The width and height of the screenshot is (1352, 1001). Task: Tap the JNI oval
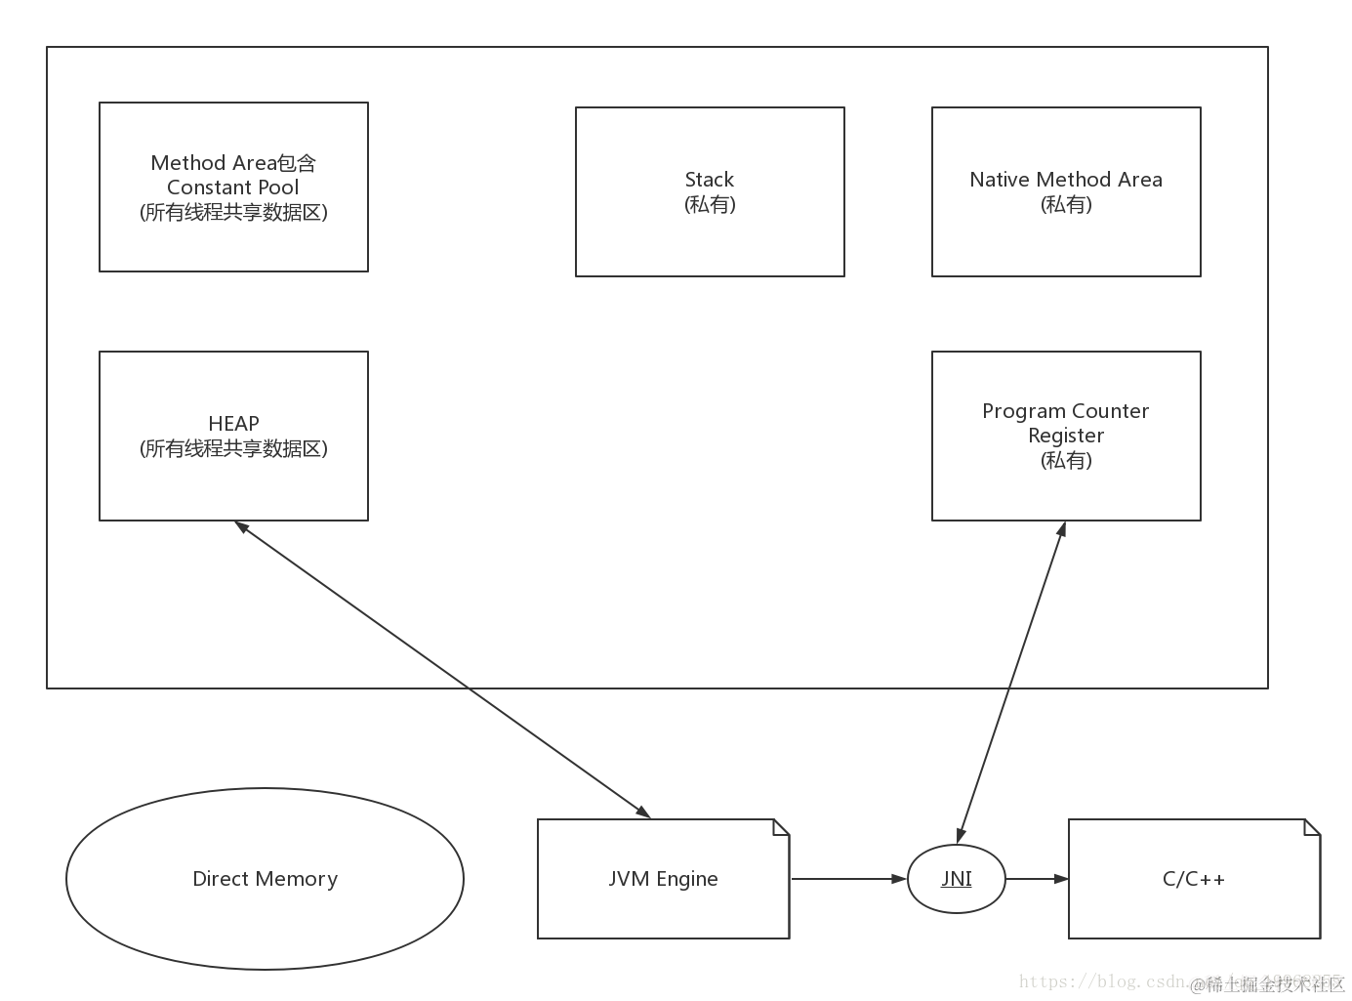tap(957, 879)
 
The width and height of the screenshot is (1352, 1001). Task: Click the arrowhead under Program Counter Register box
tap(1062, 529)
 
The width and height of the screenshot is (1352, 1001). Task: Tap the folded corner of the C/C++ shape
tap(1312, 828)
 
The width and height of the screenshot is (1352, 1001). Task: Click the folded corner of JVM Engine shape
tap(781, 828)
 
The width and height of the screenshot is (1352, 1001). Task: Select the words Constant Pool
tap(233, 188)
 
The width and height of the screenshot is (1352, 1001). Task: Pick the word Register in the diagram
tap(1066, 436)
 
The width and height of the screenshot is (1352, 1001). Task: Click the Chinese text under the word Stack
tap(710, 204)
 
